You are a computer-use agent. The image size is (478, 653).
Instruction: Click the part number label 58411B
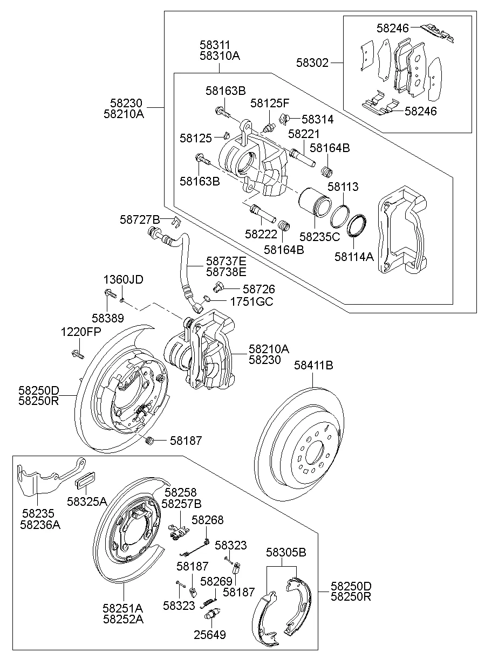[x=313, y=366]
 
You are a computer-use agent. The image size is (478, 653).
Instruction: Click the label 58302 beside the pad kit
[x=312, y=63]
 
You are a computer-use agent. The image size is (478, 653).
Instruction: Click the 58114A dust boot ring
[x=357, y=225]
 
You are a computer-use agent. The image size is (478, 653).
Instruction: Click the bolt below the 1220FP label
[x=76, y=354]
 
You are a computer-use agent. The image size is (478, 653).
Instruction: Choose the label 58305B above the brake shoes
[x=286, y=553]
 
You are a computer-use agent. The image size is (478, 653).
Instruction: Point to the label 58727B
[x=140, y=219]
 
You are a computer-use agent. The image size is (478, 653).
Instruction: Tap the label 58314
[x=317, y=120]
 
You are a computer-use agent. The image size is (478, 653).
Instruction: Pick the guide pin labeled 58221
[x=303, y=156]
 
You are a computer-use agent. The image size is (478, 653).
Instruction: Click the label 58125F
[x=270, y=102]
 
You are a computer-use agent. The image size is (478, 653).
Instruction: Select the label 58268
[x=207, y=520]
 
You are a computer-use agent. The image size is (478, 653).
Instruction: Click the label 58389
[x=107, y=318]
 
